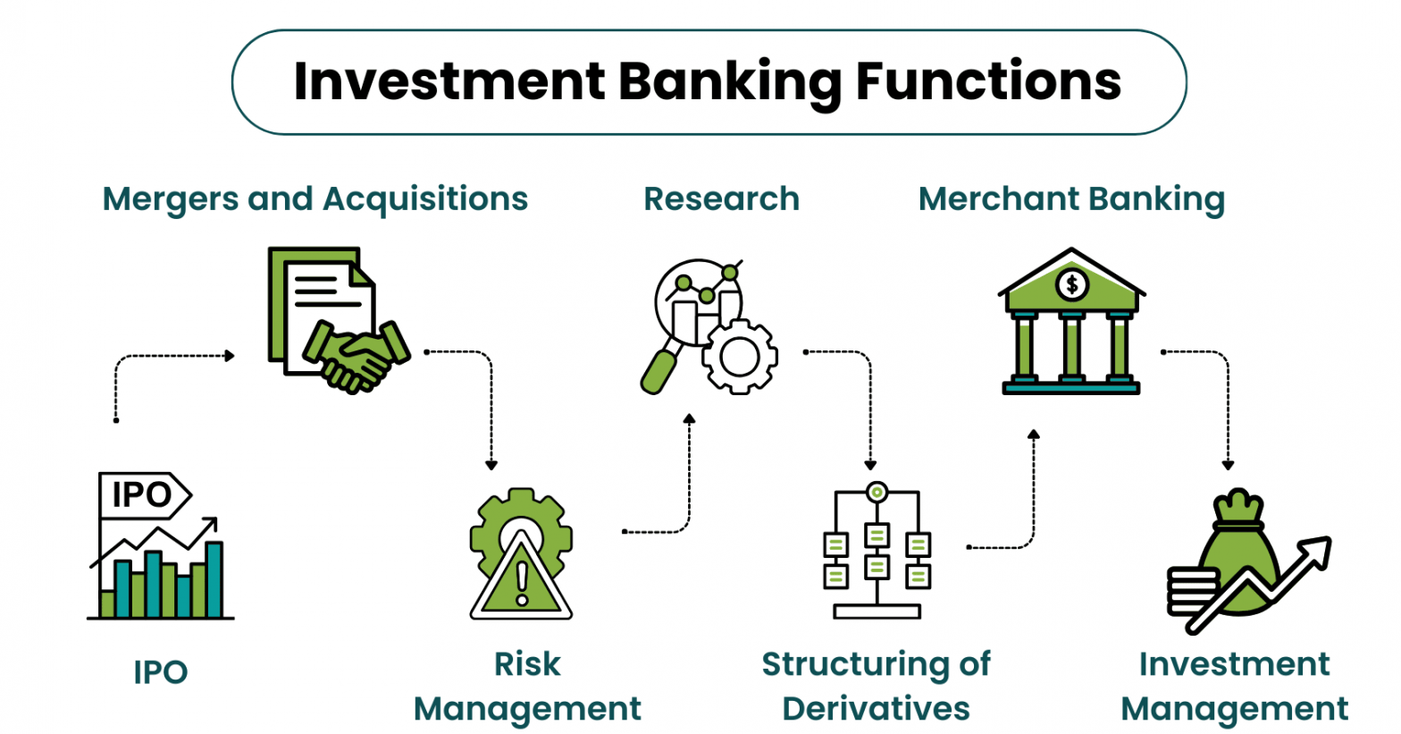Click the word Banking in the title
coord(729,81)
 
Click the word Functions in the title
coord(988,81)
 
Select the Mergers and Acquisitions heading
coord(315,198)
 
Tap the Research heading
coord(721,198)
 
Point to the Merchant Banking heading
coord(1071,198)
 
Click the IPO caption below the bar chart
coord(161,671)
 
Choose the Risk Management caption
coord(527,686)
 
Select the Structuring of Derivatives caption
coord(876,686)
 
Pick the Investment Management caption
coord(1234,686)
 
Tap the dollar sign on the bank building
coord(1071,285)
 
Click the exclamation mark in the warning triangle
coord(522,582)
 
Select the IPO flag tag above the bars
coord(143,494)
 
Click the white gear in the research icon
coord(739,357)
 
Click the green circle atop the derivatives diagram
coord(877,493)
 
